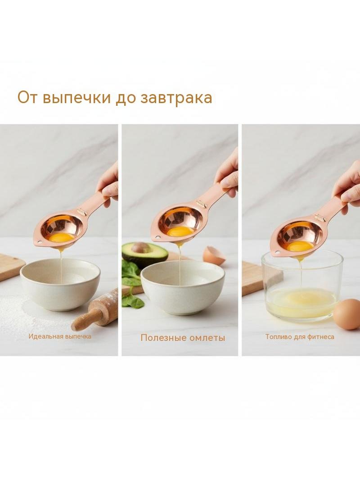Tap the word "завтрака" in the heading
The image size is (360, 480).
(176, 98)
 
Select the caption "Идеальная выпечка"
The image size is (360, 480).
(60, 336)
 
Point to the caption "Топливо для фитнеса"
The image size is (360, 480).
(300, 337)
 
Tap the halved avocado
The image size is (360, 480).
(144, 254)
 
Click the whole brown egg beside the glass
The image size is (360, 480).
(347, 314)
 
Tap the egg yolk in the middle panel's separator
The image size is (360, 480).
(180, 231)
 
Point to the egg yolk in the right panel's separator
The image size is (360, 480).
(300, 245)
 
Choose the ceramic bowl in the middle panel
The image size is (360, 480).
(183, 288)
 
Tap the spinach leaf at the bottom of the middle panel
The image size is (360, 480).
(133, 301)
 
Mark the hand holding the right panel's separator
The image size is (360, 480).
(347, 187)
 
